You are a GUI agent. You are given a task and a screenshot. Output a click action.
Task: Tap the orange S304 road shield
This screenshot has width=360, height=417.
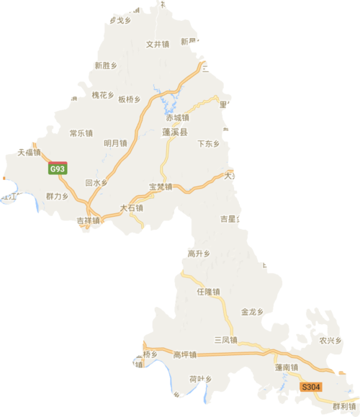point(310,387)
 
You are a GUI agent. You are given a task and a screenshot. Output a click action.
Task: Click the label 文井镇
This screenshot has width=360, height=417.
point(157,44)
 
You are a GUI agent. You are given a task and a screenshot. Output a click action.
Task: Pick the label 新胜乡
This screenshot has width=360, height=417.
point(105,66)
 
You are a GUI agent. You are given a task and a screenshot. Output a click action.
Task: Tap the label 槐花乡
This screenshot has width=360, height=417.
point(103,95)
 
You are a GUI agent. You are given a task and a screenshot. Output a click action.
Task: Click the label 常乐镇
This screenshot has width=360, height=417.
point(81,133)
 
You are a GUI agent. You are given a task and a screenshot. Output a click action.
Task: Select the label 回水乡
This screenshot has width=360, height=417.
point(96,184)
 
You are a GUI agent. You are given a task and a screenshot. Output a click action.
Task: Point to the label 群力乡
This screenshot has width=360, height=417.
point(57,196)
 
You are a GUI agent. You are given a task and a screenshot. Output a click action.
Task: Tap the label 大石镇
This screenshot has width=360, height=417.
point(131,208)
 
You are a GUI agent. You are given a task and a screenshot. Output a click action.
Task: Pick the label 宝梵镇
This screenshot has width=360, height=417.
point(160,187)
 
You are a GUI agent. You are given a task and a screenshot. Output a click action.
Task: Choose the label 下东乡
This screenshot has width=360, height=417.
point(208,144)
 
